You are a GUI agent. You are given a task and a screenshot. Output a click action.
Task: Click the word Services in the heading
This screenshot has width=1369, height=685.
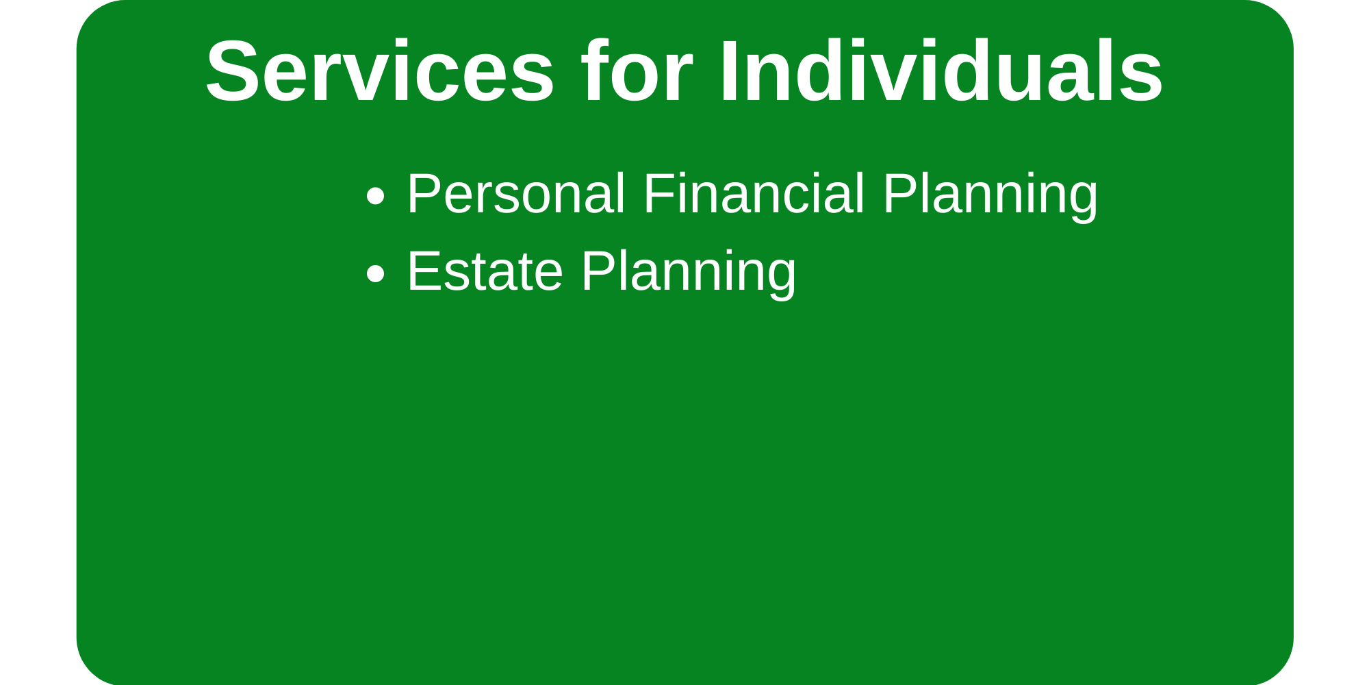click(x=380, y=71)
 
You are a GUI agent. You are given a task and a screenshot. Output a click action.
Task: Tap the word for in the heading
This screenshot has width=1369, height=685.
click(x=637, y=71)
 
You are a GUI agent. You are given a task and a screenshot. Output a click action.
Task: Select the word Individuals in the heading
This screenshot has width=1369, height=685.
click(x=941, y=71)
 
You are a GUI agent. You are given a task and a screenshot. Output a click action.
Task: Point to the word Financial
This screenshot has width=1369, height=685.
click(x=754, y=194)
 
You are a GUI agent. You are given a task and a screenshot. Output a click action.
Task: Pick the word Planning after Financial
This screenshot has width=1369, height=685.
click(x=990, y=197)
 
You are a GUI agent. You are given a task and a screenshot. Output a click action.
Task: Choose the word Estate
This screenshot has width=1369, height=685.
click(x=485, y=271)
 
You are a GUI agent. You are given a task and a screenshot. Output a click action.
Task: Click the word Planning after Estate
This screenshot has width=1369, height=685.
click(x=689, y=274)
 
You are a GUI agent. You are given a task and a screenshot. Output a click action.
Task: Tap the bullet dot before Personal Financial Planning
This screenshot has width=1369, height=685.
click(x=375, y=196)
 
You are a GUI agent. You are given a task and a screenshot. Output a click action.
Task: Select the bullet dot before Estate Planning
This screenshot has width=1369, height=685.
click(x=375, y=273)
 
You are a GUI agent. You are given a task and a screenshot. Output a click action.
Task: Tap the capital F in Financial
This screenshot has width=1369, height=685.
click(x=659, y=194)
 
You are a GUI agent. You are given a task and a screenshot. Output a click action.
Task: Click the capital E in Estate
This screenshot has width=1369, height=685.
click(x=424, y=271)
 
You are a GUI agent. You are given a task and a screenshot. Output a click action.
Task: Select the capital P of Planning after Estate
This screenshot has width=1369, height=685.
click(x=600, y=271)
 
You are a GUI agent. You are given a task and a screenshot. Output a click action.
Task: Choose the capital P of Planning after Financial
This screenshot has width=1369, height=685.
click(x=901, y=194)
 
